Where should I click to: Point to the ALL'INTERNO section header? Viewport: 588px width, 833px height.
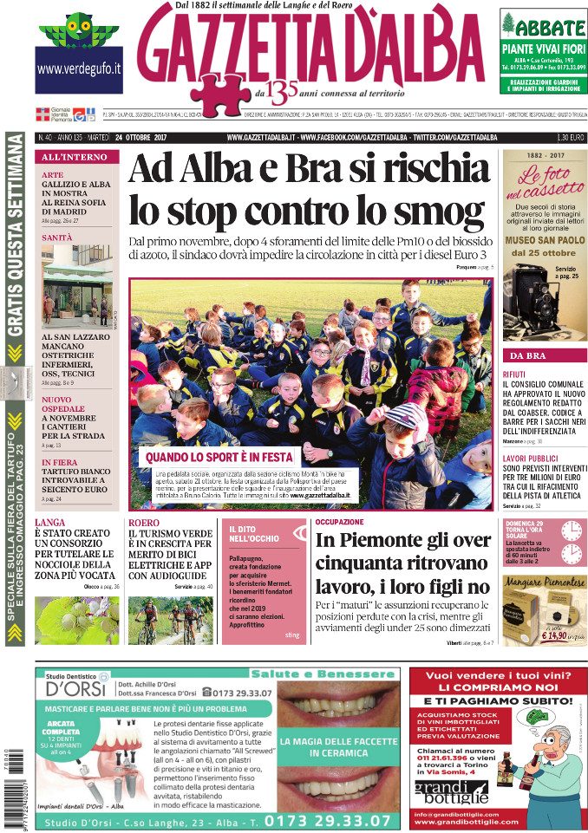click(76, 157)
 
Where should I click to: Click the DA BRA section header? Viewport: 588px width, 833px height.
click(527, 356)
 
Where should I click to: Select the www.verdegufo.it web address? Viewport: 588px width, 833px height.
click(79, 68)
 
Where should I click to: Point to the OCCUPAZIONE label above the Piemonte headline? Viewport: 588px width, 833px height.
click(339, 523)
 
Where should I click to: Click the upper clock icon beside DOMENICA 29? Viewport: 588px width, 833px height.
click(570, 530)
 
